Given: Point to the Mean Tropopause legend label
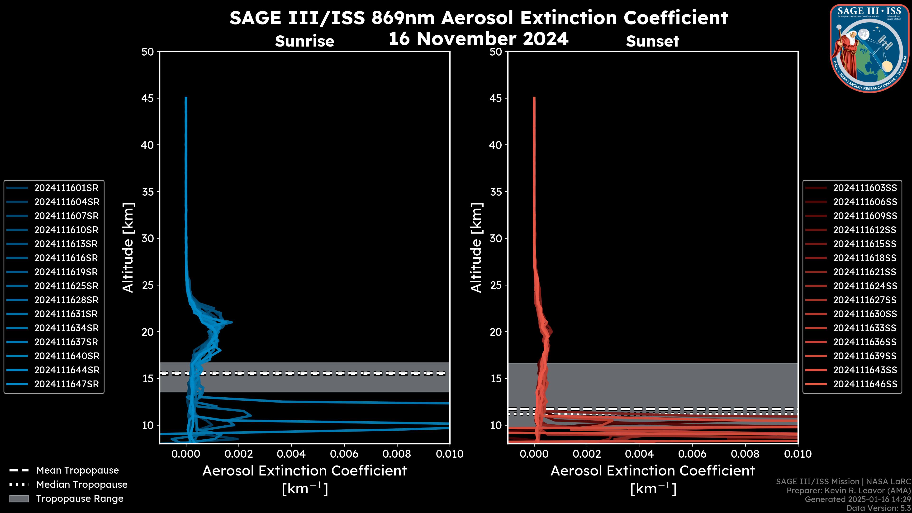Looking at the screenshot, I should coord(77,470).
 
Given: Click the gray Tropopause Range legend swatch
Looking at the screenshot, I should coord(19,499).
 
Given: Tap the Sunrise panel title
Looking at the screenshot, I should coord(304,41).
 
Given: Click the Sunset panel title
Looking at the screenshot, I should coord(652,41).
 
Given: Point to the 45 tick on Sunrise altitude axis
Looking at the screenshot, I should coord(148,98).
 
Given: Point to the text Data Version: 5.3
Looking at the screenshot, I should coord(878,508).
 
